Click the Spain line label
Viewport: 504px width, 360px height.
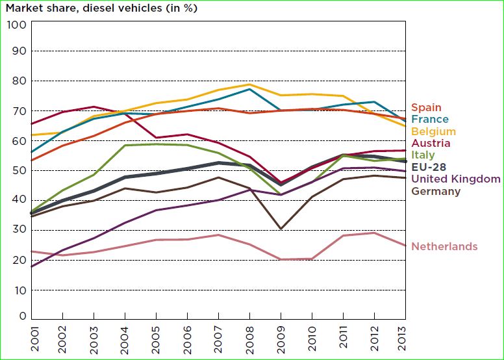pos(426,108)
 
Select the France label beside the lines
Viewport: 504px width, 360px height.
pos(429,120)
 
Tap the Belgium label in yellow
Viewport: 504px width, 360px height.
pos(433,132)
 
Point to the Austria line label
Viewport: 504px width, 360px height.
pos(431,144)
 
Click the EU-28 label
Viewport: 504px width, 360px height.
pos(428,167)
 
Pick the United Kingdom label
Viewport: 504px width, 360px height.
pos(456,179)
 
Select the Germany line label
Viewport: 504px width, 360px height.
pos(436,191)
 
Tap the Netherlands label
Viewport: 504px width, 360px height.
pos(445,247)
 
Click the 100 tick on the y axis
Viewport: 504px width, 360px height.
pos(16,25)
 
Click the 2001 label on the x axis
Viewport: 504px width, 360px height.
pos(32,338)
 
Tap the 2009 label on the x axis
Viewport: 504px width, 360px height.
pos(281,338)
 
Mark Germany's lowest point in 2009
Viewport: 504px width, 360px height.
pos(281,229)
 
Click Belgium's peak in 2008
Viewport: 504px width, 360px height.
pos(249,84)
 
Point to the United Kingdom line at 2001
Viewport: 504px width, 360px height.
pos(32,266)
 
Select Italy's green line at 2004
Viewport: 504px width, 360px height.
pos(125,146)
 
